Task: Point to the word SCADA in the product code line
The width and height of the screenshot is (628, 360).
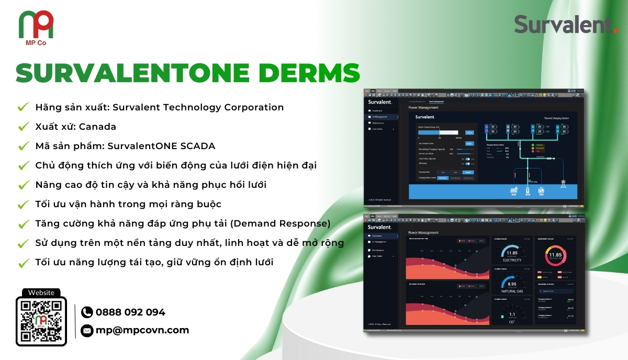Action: (198, 146)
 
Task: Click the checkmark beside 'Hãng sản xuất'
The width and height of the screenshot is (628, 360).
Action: (23, 107)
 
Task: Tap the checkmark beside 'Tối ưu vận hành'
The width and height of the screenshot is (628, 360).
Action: (23, 204)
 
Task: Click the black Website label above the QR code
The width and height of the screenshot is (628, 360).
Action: (41, 293)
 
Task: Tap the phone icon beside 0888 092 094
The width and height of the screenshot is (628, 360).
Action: (87, 312)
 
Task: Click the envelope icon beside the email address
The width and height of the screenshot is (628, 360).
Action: (87, 330)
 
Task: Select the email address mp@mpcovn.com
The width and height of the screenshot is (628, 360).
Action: (142, 330)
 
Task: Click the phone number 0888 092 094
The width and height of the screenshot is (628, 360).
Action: (130, 312)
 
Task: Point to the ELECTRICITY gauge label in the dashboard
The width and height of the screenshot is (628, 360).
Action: (512, 260)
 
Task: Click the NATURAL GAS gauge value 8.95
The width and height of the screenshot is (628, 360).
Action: (512, 285)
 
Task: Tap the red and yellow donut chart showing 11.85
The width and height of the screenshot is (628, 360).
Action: (555, 255)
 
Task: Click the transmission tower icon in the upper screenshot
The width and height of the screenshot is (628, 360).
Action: (563, 185)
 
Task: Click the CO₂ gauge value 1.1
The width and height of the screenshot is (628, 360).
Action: (512, 314)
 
